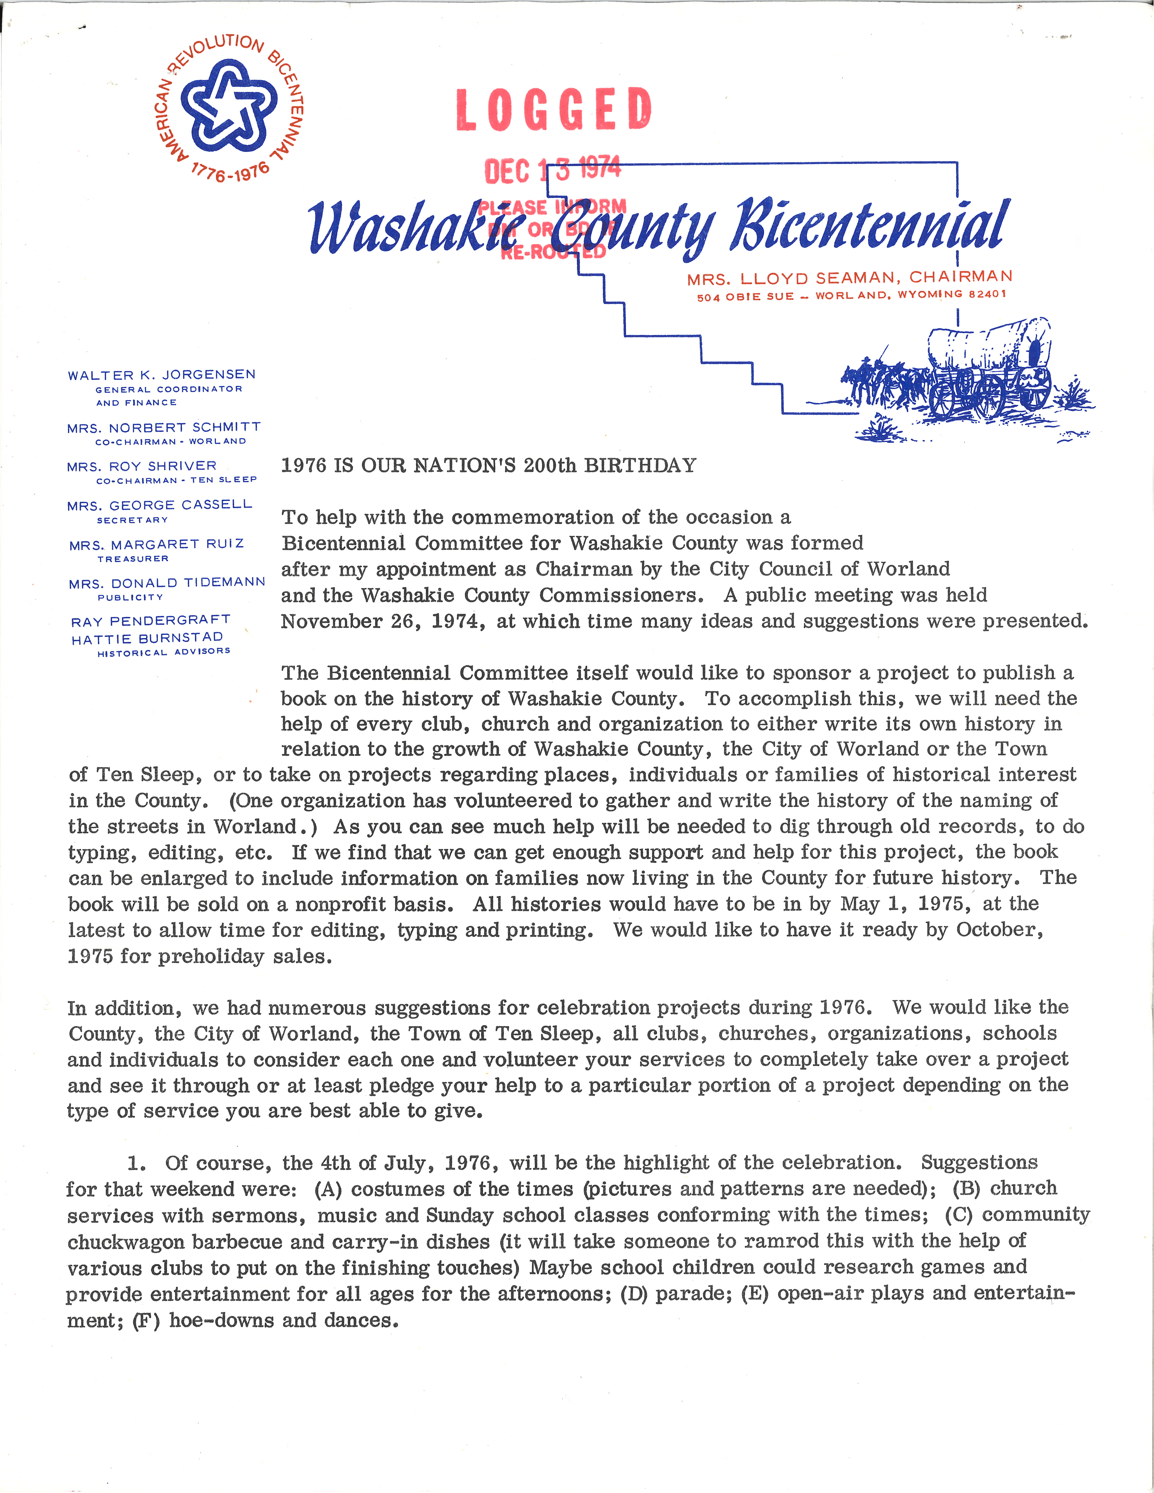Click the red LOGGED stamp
click(x=554, y=109)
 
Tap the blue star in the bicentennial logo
click(x=228, y=106)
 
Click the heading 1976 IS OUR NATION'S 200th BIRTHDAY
click(x=488, y=466)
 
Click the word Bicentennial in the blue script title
click(x=868, y=226)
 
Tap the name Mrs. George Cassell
click(x=159, y=505)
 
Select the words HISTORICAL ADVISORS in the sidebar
click(x=163, y=652)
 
